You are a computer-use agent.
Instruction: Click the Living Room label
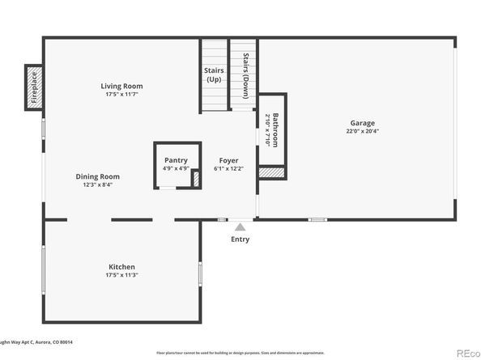coord(121,86)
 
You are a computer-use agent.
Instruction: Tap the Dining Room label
coord(98,176)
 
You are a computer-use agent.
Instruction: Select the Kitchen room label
coord(121,267)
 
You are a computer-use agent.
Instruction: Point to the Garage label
coord(362,123)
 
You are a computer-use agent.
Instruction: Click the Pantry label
coord(176,160)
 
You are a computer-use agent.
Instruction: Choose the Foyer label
coord(228,160)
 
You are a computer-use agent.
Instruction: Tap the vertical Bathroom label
coord(275,129)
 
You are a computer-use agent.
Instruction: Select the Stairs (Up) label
coord(214,75)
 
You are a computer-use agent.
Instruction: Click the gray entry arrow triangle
coord(240,227)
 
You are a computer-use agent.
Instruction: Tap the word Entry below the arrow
coord(240,239)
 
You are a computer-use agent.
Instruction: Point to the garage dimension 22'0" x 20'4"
coord(362,131)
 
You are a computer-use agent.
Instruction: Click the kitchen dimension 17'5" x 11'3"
coord(121,275)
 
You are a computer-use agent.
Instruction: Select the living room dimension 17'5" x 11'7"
coord(121,95)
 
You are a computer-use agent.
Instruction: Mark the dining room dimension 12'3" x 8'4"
coord(98,184)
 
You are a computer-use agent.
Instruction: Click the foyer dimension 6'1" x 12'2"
coord(228,168)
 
